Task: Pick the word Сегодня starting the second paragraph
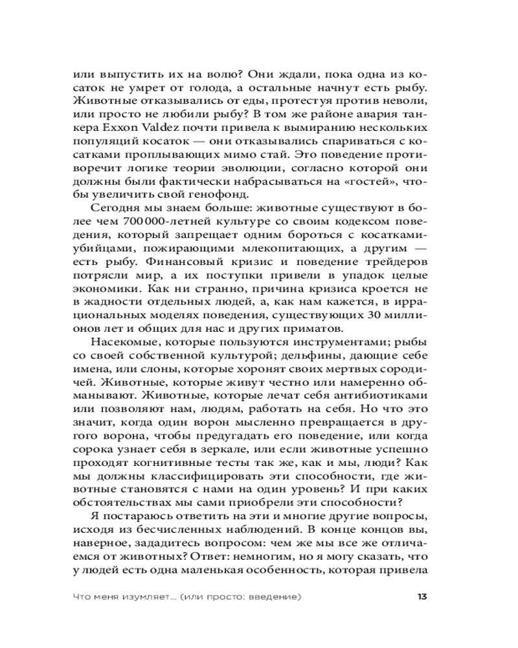tap(118, 206)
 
